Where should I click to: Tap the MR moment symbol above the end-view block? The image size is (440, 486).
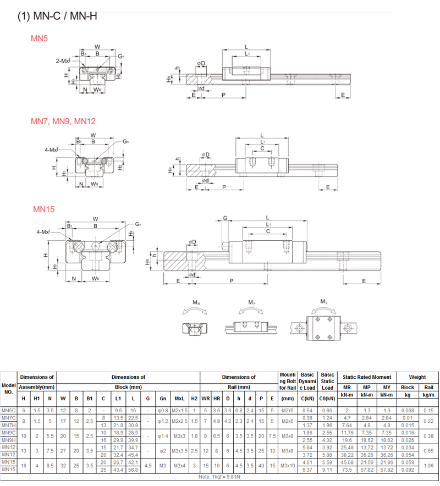196,302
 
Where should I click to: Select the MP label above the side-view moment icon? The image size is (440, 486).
251,302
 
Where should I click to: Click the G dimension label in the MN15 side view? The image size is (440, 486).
225,218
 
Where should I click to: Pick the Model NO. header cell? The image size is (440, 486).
8,389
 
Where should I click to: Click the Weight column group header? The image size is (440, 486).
417,377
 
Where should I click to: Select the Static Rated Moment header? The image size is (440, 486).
366,377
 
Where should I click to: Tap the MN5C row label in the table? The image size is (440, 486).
8,410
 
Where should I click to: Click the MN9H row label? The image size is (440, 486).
8,440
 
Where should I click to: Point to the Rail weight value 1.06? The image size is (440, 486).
428,466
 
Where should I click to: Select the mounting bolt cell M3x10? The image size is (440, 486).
287,466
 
